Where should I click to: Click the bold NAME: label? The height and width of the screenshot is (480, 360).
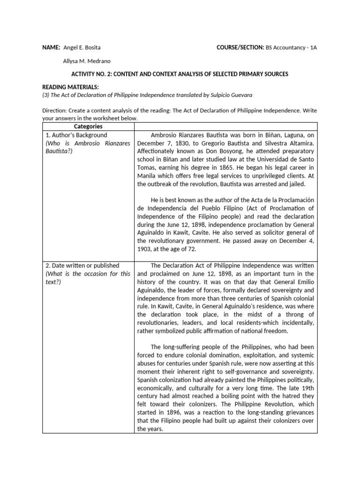coord(51,48)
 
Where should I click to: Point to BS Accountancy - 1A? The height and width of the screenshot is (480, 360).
coord(291,48)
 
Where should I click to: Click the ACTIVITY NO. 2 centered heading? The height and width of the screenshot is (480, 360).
coord(180,74)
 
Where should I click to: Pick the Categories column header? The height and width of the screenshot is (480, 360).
coord(88,127)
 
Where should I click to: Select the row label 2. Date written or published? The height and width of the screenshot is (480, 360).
coord(82,265)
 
